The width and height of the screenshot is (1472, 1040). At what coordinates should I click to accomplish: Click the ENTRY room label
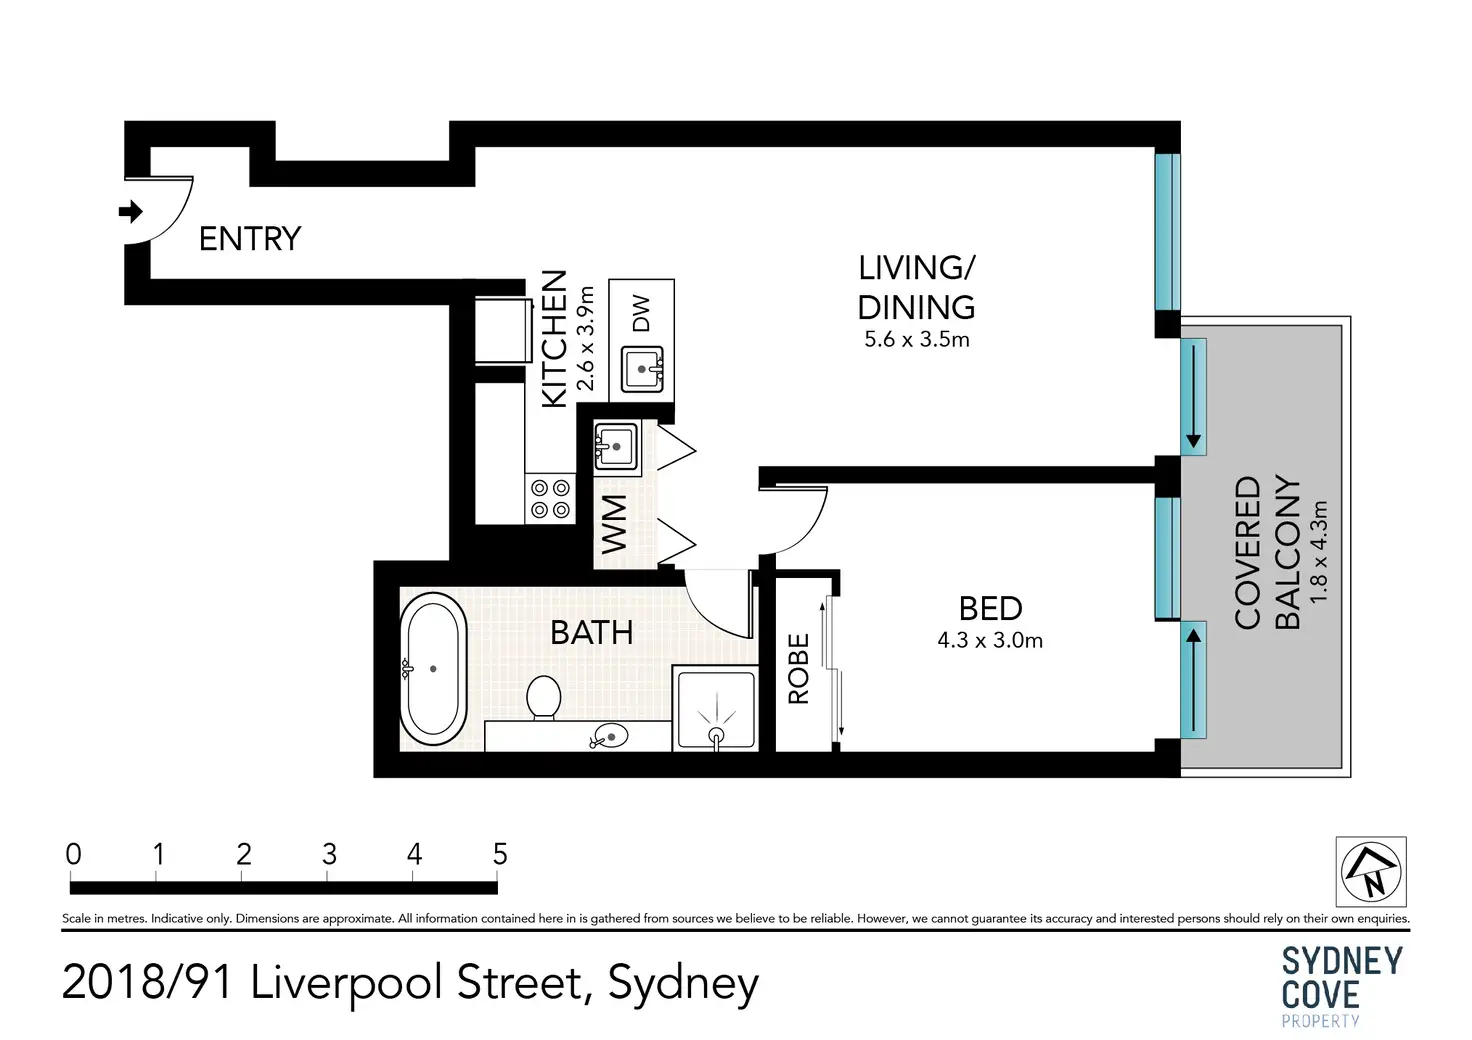(250, 238)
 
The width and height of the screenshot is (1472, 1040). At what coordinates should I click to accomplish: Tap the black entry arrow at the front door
(131, 212)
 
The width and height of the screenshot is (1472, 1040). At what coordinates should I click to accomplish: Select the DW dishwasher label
(640, 313)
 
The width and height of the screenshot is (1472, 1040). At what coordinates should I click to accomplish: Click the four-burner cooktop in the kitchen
(550, 499)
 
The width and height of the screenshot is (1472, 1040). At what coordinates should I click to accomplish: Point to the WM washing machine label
(614, 524)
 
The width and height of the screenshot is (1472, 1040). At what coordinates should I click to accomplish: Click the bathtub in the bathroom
(433, 668)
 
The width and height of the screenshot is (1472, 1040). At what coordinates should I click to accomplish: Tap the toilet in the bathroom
(543, 698)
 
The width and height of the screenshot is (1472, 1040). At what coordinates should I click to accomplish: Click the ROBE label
(798, 669)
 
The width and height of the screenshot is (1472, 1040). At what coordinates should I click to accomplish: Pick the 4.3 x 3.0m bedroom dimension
(990, 640)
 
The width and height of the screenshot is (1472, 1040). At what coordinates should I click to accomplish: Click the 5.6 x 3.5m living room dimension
(917, 339)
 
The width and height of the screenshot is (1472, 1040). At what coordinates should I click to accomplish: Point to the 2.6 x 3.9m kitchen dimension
(584, 338)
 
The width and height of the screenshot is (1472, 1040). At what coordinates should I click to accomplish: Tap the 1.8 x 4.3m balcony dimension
(1318, 552)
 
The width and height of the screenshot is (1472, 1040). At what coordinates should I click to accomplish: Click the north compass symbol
(1371, 872)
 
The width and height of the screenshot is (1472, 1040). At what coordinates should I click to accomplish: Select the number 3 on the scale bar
(329, 854)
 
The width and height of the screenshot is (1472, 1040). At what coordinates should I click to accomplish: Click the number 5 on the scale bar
(500, 854)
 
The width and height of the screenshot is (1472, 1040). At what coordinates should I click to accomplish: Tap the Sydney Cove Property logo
(1342, 985)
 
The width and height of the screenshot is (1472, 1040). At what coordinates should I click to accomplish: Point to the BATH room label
(591, 633)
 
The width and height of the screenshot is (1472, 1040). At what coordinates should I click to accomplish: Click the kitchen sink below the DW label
(642, 369)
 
